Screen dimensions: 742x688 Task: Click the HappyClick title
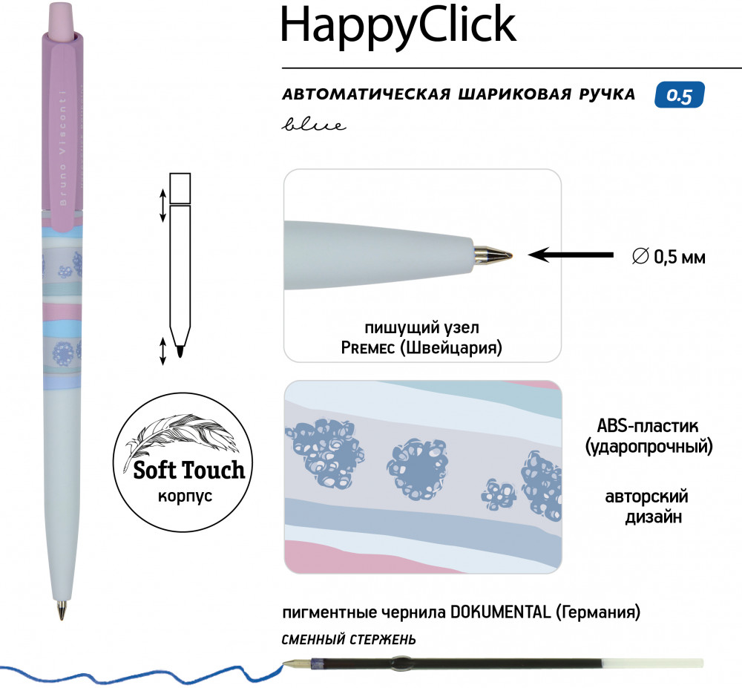pos(398,27)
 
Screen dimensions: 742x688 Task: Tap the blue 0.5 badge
pos(680,95)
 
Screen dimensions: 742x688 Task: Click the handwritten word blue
pos(314,125)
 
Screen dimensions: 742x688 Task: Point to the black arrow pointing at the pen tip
pos(571,255)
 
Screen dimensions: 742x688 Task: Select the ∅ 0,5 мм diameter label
pos(669,257)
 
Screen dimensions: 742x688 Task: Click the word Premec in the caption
pos(368,348)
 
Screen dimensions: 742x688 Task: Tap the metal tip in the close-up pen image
pos(493,254)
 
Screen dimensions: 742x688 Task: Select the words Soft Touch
pos(188,471)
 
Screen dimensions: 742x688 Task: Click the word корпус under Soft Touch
pos(185,497)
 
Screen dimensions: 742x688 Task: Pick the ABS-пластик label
pos(647,425)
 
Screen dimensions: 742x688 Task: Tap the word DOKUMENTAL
pos(501,612)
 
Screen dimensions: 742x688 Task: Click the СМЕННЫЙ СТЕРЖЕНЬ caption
pos(349,640)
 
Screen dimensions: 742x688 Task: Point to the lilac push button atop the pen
pos(62,18)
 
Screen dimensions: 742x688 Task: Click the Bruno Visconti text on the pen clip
pos(63,148)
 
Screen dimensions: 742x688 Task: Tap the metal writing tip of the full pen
pos(62,609)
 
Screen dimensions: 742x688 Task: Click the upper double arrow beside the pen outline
pos(162,206)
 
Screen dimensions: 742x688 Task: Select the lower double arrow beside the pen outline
pos(162,351)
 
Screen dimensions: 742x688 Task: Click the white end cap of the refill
pos(652,663)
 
